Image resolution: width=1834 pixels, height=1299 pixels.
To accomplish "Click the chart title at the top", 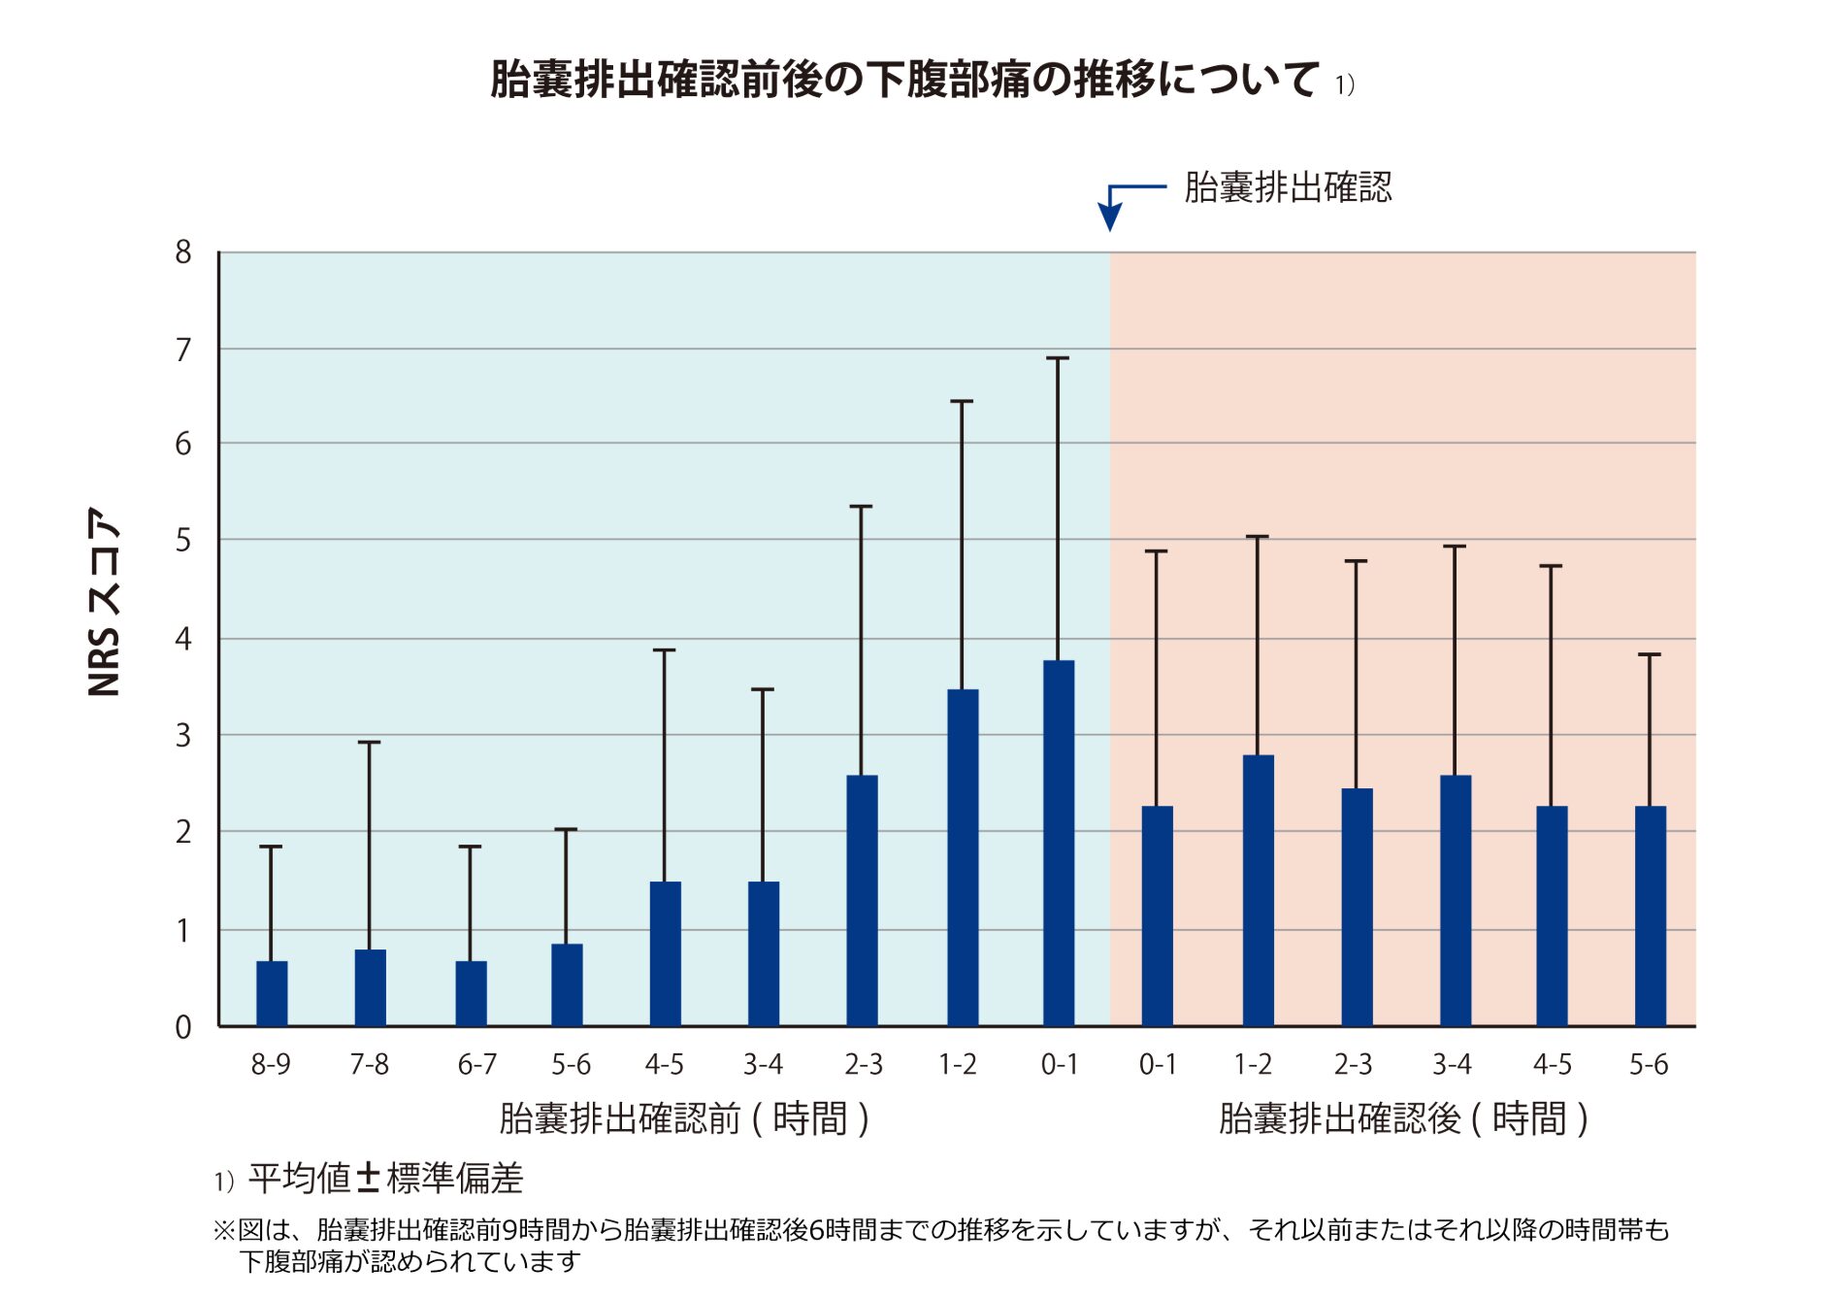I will (904, 80).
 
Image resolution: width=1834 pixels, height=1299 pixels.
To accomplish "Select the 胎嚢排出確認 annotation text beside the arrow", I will (1288, 186).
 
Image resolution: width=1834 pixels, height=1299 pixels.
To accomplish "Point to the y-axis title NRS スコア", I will (105, 602).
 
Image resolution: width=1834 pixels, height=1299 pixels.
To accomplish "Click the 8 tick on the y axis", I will (183, 252).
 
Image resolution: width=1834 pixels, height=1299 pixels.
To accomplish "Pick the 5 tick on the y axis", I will (183, 540).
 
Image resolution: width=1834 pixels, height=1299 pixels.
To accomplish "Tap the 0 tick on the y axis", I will (183, 1027).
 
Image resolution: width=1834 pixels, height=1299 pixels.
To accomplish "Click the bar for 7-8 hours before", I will (370, 987).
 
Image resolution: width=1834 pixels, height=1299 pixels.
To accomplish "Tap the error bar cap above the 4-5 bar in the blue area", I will (664, 650).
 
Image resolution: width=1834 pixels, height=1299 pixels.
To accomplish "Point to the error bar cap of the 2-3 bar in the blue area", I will (861, 507).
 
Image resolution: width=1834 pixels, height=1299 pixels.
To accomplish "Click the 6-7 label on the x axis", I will (476, 1065).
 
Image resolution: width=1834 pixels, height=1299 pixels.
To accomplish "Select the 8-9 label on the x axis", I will (271, 1065).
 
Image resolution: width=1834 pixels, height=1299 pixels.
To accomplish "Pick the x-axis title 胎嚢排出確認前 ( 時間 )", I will (683, 1118).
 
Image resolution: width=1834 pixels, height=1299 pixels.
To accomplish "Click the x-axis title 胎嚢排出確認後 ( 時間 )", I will (1402, 1118).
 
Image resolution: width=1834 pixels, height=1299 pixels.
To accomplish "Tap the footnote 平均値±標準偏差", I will (385, 1179).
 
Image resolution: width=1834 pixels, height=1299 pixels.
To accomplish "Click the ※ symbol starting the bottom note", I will (224, 1230).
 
